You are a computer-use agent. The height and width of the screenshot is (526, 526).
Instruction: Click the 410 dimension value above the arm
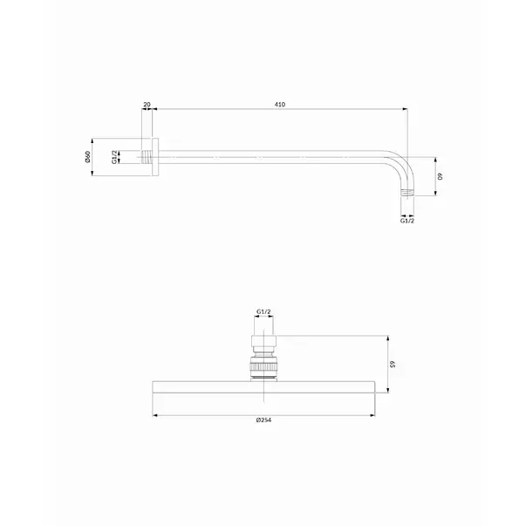tap(280, 105)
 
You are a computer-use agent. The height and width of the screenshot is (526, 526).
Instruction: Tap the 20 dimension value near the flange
tap(147, 105)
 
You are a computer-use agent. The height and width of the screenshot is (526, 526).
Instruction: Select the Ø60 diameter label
tap(87, 157)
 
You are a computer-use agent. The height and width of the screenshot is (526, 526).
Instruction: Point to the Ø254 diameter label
tap(263, 420)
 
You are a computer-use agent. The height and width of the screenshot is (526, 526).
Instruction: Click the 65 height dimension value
tap(393, 364)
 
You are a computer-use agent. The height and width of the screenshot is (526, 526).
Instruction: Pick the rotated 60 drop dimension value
tap(441, 176)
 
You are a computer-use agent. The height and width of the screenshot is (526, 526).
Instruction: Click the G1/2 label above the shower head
tap(263, 311)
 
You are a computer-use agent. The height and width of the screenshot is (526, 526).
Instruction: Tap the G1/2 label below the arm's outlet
tap(407, 221)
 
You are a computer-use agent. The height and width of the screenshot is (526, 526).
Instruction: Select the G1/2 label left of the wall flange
tap(115, 157)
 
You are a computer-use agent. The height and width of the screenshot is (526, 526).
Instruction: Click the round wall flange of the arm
tap(155, 157)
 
